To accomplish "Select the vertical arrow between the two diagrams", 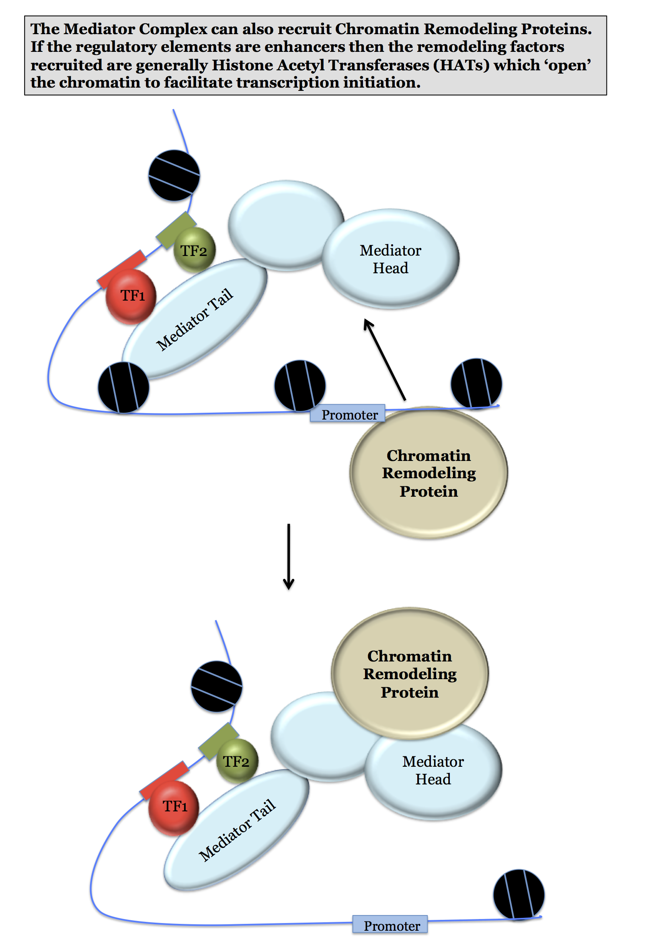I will click(x=289, y=555).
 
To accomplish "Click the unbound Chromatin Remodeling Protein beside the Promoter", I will click(x=429, y=473).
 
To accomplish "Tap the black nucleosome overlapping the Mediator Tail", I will click(x=123, y=387).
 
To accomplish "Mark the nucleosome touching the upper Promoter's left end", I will click(x=299, y=385).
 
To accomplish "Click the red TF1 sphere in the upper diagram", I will click(x=131, y=296).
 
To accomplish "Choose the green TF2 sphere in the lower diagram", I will click(x=237, y=761).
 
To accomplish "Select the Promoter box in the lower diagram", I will click(x=390, y=924).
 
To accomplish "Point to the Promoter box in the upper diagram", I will click(x=347, y=413).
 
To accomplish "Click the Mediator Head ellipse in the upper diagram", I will click(x=390, y=259).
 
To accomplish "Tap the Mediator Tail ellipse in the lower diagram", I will click(x=237, y=830).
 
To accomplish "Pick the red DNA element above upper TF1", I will click(x=121, y=268).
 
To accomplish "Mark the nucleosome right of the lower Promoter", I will click(x=518, y=895).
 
